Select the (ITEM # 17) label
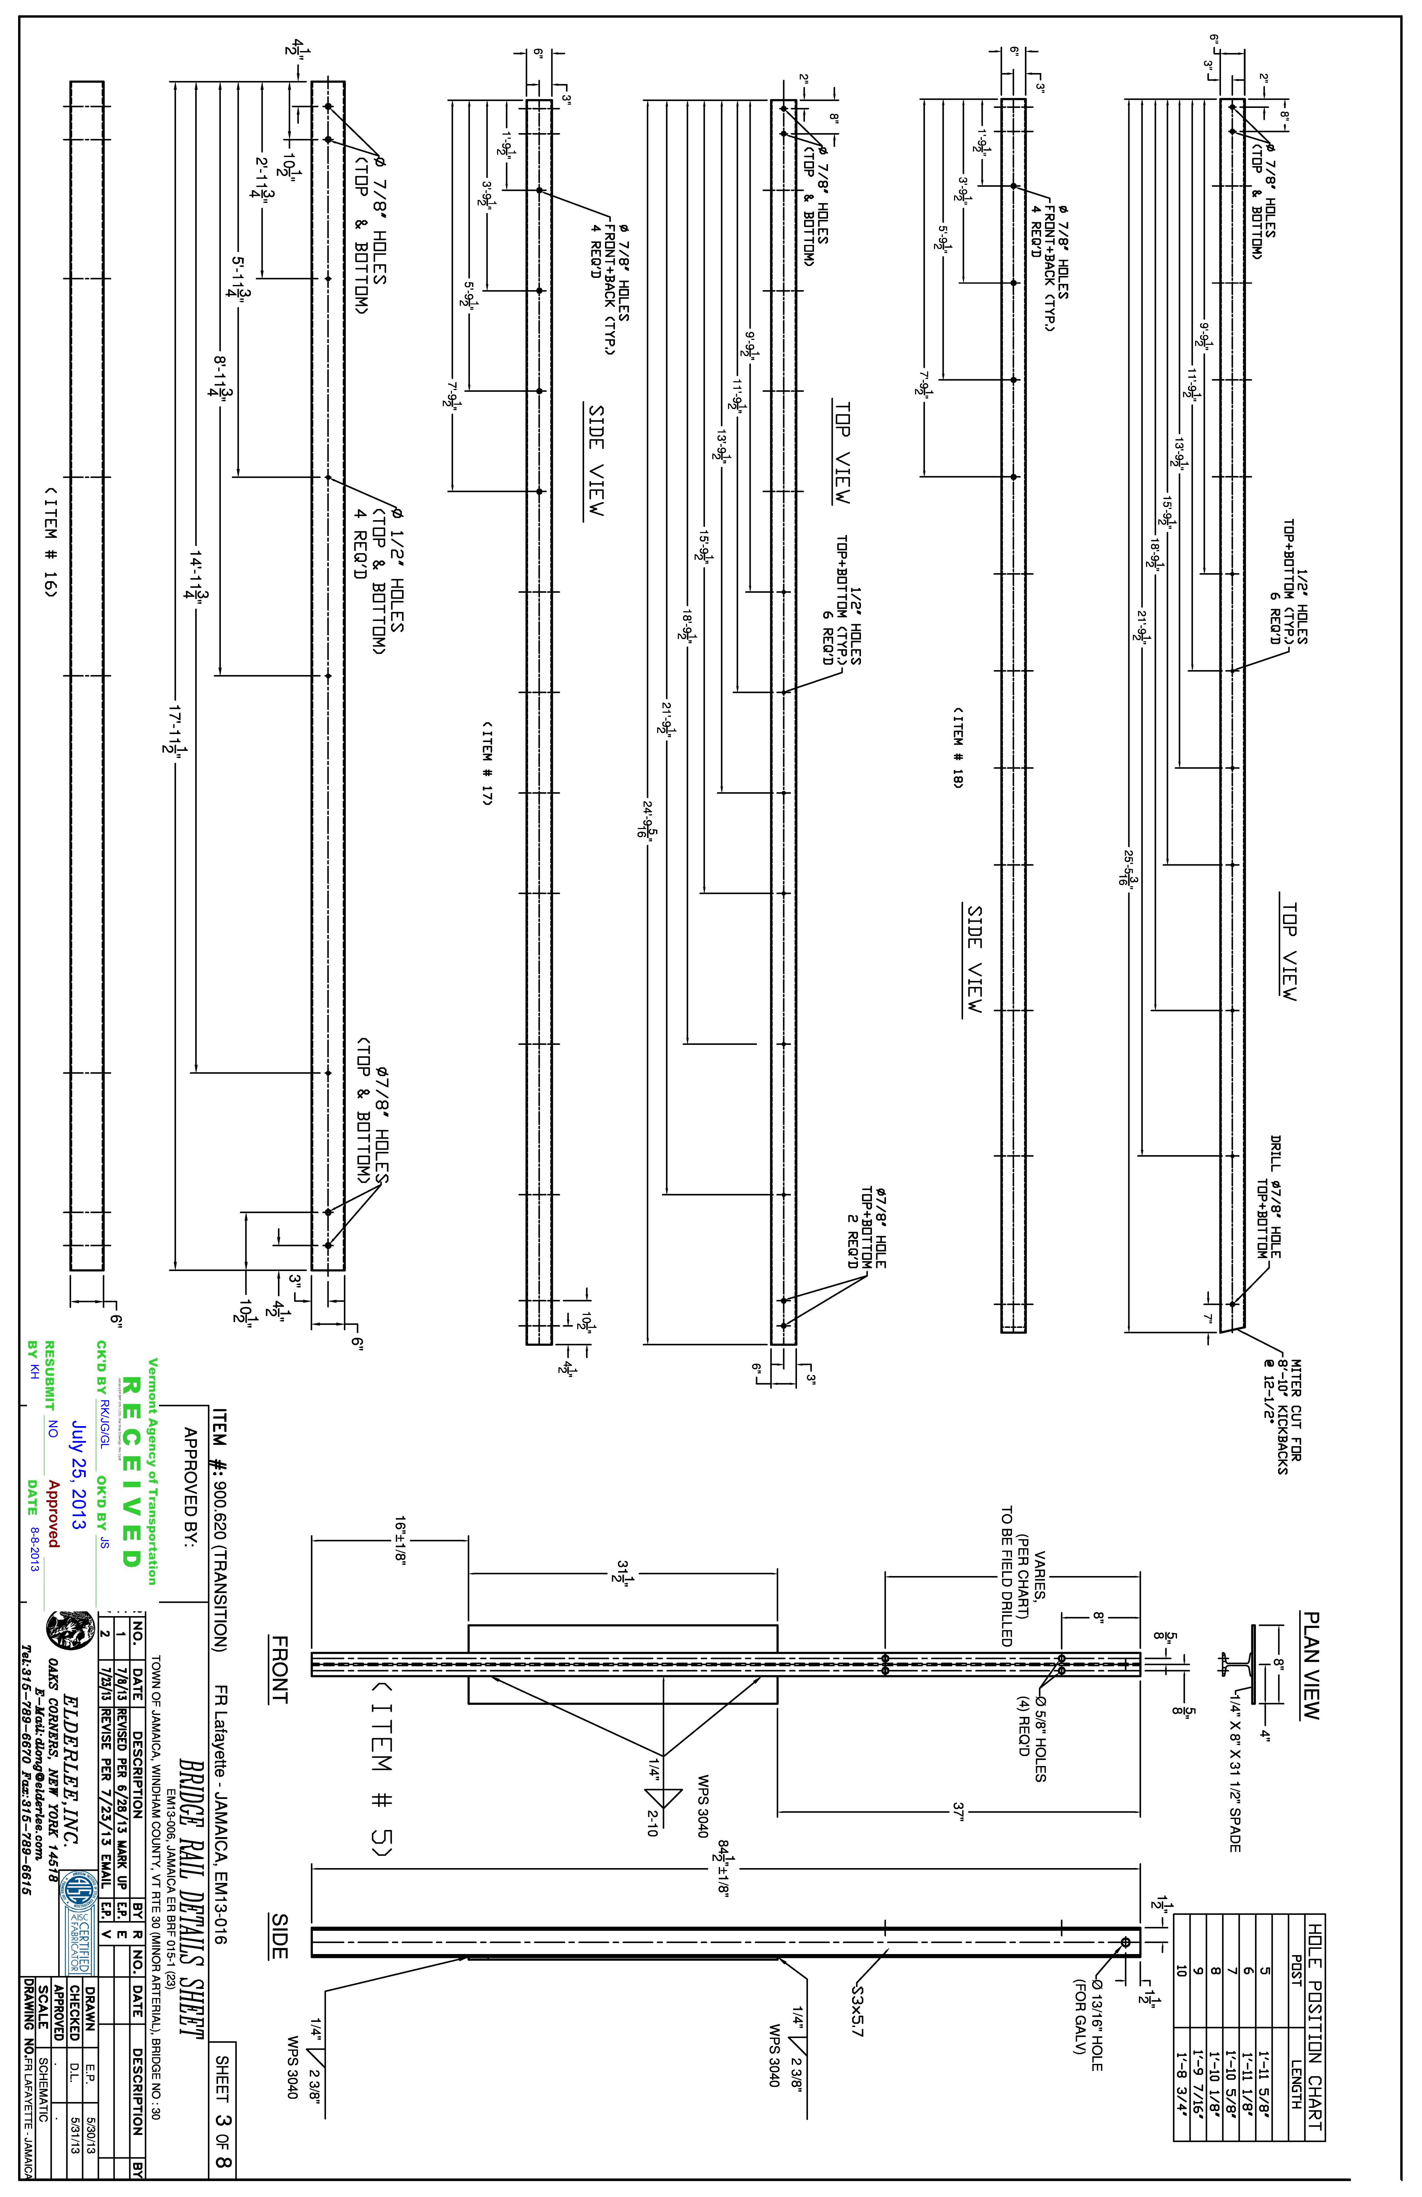(487, 763)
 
